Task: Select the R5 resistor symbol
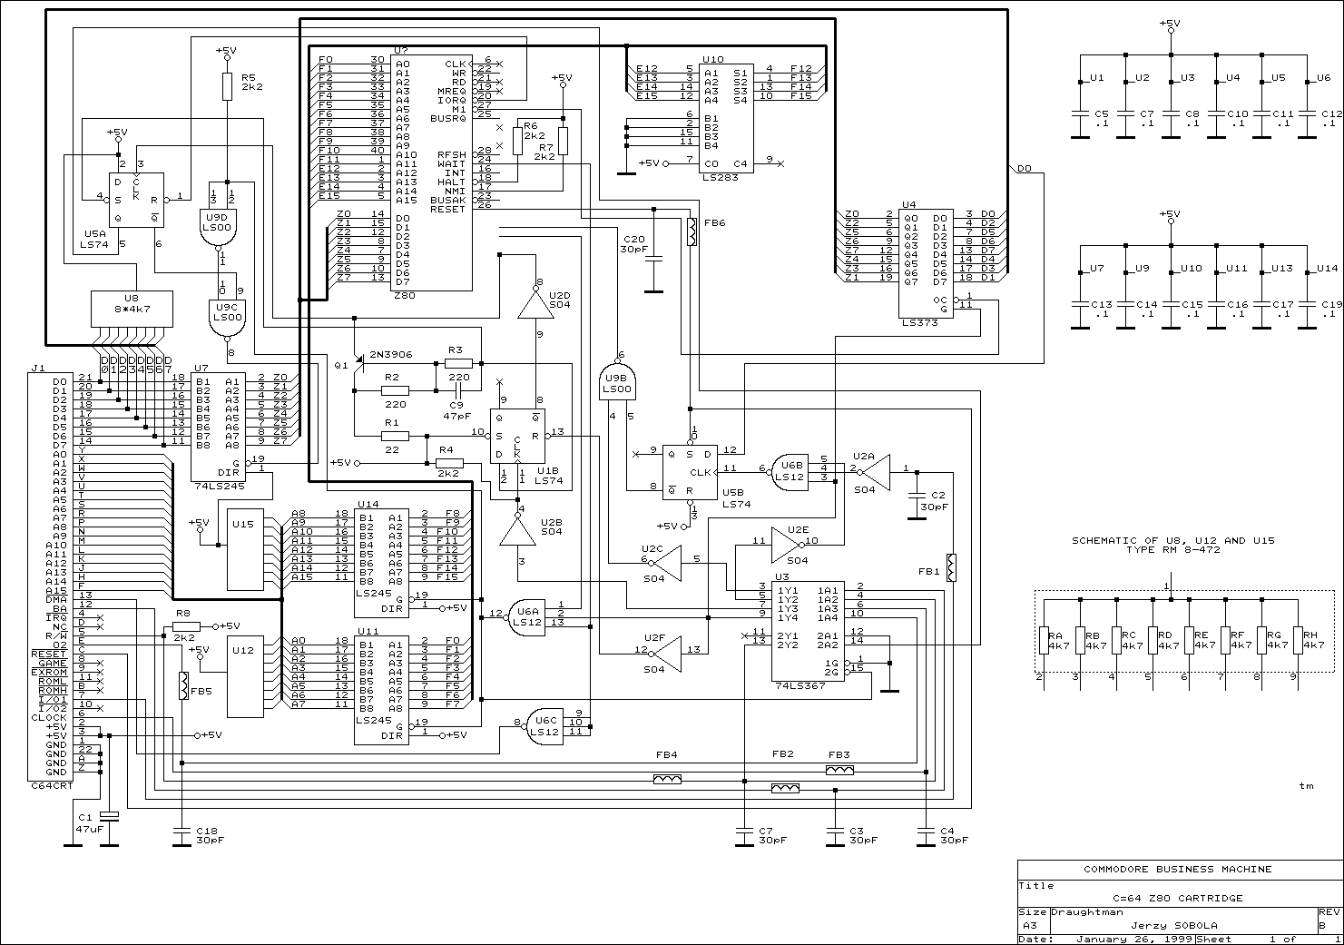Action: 228,86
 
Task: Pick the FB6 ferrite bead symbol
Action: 691,232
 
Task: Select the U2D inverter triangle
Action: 535,306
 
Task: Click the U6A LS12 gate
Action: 529,616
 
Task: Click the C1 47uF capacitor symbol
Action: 109,815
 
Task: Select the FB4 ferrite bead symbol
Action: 667,779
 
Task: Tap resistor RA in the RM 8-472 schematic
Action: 1044,639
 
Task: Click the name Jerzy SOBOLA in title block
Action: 1167,925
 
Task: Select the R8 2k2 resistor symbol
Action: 187,626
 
